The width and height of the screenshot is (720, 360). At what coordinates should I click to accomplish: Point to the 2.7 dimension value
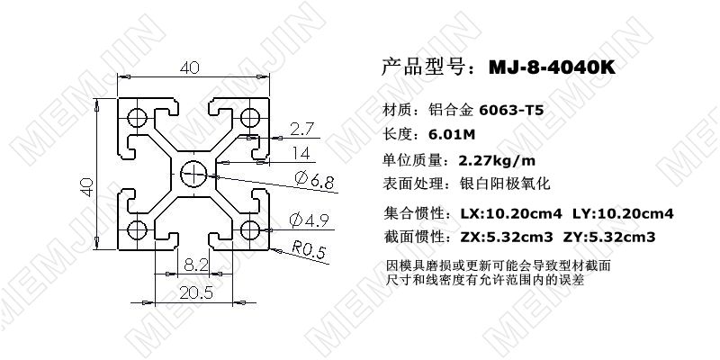point(303,128)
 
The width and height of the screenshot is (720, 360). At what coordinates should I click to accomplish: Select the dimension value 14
point(301,151)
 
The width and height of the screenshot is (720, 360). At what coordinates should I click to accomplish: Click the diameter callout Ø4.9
point(307,219)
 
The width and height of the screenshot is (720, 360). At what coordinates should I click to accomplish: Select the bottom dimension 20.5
point(196,292)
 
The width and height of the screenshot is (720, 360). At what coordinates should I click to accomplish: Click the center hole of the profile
point(193,173)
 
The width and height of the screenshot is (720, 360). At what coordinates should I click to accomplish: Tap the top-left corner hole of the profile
point(139,118)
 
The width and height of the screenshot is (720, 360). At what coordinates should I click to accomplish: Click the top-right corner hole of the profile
point(249,117)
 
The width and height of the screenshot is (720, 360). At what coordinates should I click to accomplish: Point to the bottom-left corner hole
point(139,228)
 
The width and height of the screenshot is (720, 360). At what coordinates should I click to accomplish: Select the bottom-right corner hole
point(249,228)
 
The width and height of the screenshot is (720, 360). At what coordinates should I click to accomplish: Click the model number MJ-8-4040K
point(552,67)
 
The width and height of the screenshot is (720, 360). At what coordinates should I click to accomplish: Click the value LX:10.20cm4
point(510,214)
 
